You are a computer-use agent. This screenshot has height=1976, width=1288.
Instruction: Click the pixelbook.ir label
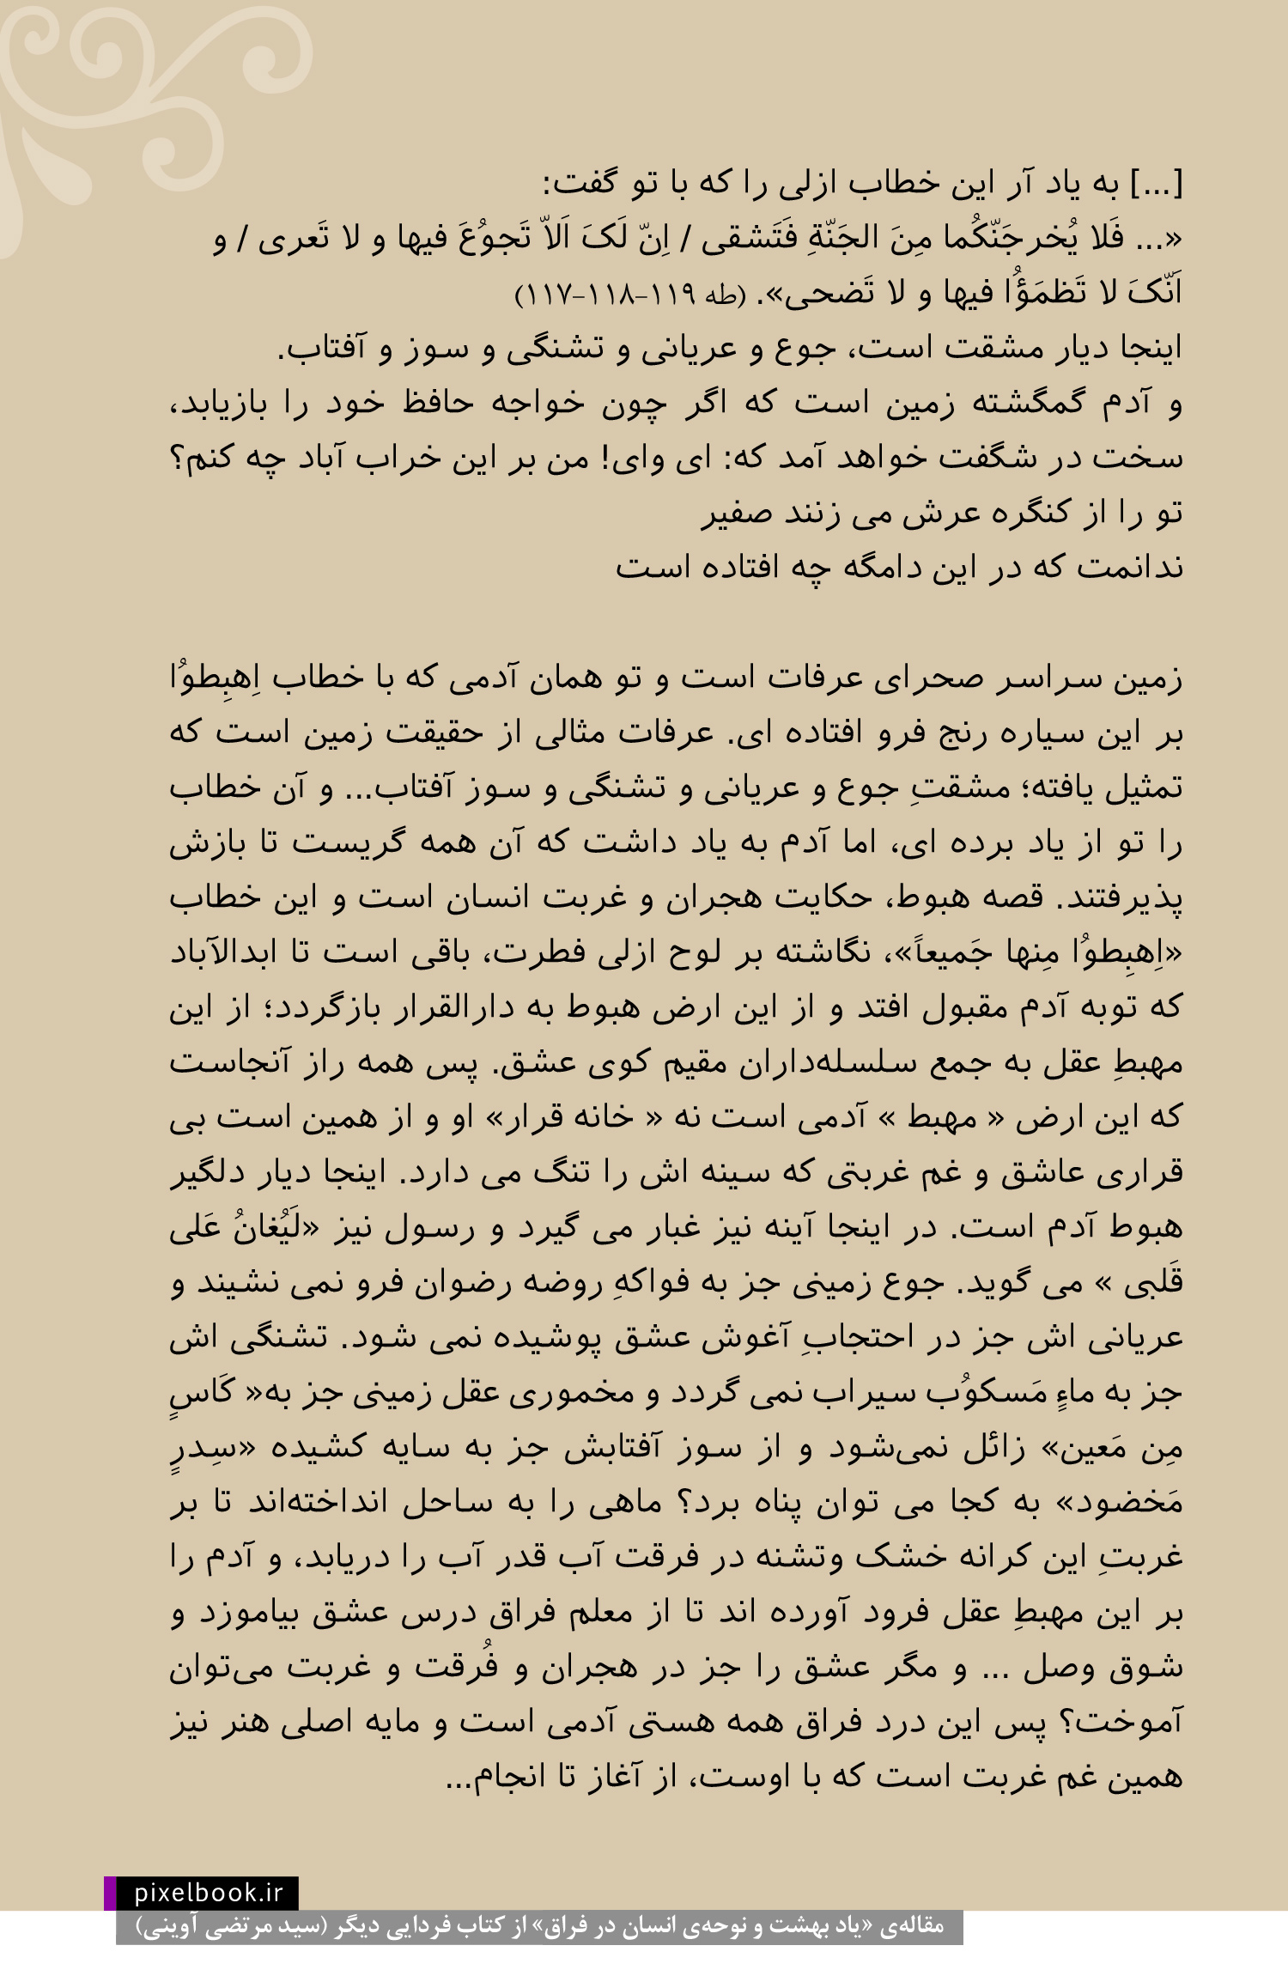[208, 1893]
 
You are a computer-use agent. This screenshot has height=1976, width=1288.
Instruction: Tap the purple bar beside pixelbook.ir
[110, 1893]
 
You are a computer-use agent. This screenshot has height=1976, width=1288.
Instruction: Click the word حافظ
[438, 403]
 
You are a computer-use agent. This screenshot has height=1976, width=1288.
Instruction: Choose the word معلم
[592, 1613]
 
